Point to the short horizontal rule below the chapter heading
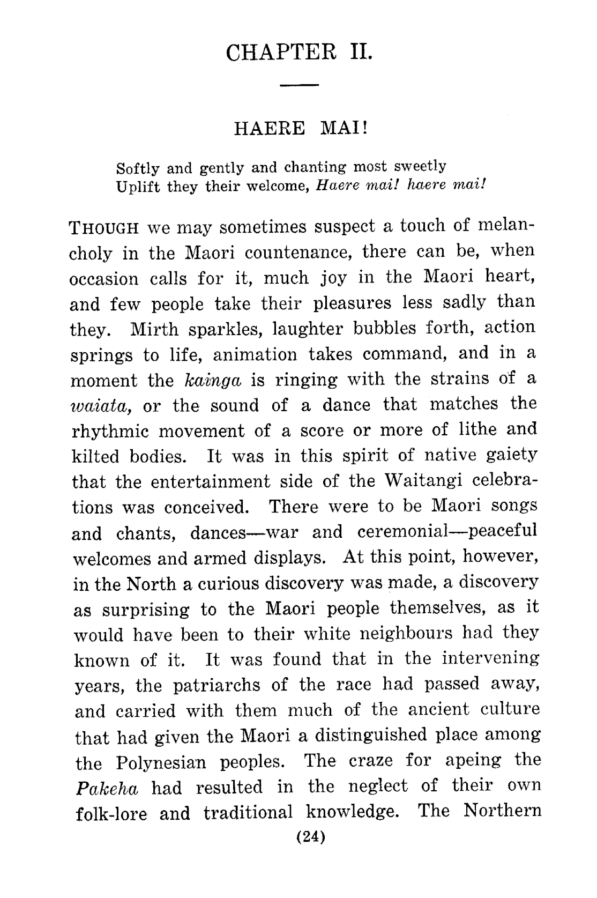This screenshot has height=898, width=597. pos(300,86)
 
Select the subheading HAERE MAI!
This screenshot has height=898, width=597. pos(300,129)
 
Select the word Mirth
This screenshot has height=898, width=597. pos(154,329)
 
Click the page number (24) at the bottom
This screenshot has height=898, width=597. pos(303,837)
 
